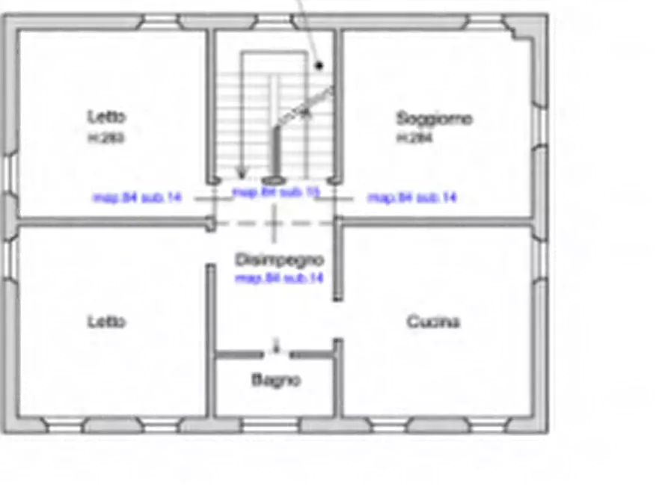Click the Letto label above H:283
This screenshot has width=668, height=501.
pyautogui.click(x=106, y=117)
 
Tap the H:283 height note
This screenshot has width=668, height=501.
pyautogui.click(x=106, y=138)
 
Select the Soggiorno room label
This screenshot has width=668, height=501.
pyautogui.click(x=434, y=118)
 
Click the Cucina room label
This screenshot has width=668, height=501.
pyautogui.click(x=433, y=322)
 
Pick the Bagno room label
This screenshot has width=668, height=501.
pyautogui.click(x=275, y=380)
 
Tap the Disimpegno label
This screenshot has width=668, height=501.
pyautogui.click(x=279, y=260)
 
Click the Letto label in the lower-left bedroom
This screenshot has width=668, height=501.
pyautogui.click(x=106, y=322)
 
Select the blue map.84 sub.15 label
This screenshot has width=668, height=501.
pyautogui.click(x=276, y=192)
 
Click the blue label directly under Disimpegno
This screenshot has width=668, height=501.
pyautogui.click(x=279, y=277)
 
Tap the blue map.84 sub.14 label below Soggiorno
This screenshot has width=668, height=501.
pyautogui.click(x=411, y=197)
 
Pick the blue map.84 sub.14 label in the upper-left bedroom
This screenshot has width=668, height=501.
pyautogui.click(x=137, y=197)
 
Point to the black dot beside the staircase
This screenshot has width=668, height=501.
pyautogui.click(x=319, y=66)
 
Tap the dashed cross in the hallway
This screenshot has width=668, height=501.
pyautogui.click(x=275, y=222)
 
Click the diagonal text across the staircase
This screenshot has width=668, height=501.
pyautogui.click(x=304, y=105)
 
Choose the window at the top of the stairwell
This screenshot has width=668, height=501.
pyautogui.click(x=275, y=22)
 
